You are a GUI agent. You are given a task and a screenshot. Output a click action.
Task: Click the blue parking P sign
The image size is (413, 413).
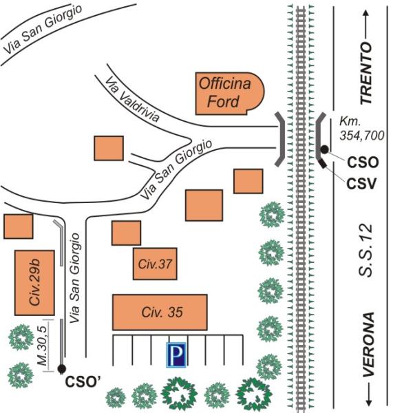[176, 355]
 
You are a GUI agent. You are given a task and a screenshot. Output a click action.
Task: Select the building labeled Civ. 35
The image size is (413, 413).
[160, 313]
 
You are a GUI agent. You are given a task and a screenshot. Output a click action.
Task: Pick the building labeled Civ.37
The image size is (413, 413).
[154, 264]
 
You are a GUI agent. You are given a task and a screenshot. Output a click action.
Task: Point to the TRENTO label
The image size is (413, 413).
[366, 73]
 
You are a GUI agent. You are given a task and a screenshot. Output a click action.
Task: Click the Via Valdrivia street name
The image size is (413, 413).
[134, 100]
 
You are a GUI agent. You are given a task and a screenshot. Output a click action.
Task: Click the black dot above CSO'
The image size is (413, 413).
[61, 369]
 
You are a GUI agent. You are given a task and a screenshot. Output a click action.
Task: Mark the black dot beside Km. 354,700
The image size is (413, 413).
[324, 149]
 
